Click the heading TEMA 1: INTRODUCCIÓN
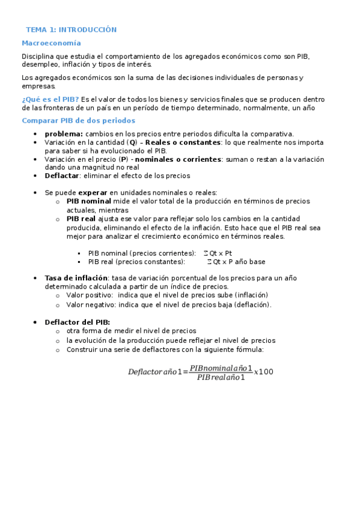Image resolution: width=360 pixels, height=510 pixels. point(71,29)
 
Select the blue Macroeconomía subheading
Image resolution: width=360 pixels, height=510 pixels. point(51,43)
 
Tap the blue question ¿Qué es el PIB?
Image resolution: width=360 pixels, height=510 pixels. point(50,99)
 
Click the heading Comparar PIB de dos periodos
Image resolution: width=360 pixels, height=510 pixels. point(78,121)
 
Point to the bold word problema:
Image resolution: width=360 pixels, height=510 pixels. point(64,134)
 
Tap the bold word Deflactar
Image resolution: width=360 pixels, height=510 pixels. point(62,176)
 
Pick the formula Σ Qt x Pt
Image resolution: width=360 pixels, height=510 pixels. point(218,253)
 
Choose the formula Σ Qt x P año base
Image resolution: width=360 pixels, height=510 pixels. point(236,262)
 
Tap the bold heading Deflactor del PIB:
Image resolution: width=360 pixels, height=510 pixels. point(77,322)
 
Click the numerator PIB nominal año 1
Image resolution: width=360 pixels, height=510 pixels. point(221,367)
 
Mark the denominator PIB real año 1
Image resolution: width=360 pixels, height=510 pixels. point(221,377)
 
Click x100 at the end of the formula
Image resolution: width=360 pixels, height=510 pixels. point(264,372)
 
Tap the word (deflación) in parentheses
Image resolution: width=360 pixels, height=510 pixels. point(254,304)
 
